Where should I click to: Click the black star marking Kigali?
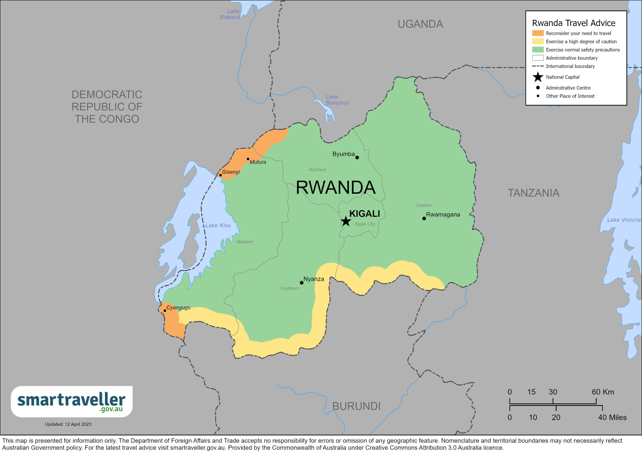pyautogui.click(x=346, y=221)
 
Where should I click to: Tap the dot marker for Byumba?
pyautogui.click(x=357, y=158)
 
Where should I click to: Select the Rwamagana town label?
pyautogui.click(x=443, y=214)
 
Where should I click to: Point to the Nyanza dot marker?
pyautogui.click(x=301, y=283)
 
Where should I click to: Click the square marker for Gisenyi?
pyautogui.click(x=220, y=175)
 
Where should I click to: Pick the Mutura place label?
pyautogui.click(x=258, y=162)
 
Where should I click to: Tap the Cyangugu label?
pyautogui.click(x=178, y=308)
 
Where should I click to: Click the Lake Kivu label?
pyautogui.click(x=218, y=225)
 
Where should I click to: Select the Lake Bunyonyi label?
pyautogui.click(x=337, y=100)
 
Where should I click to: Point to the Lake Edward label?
pyautogui.click(x=230, y=14)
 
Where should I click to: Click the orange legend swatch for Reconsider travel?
pyautogui.click(x=538, y=33)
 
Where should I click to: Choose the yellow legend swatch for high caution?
pyautogui.click(x=538, y=41)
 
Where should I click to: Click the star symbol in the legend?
pyautogui.click(x=538, y=77)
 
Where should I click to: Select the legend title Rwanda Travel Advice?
pyautogui.click(x=574, y=23)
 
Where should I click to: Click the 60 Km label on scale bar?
pyautogui.click(x=603, y=392)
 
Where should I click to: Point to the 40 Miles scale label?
pyautogui.click(x=612, y=417)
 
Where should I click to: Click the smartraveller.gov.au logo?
pyautogui.click(x=71, y=401)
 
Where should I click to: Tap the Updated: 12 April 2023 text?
pyautogui.click(x=68, y=424)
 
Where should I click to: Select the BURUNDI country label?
pyautogui.click(x=356, y=406)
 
